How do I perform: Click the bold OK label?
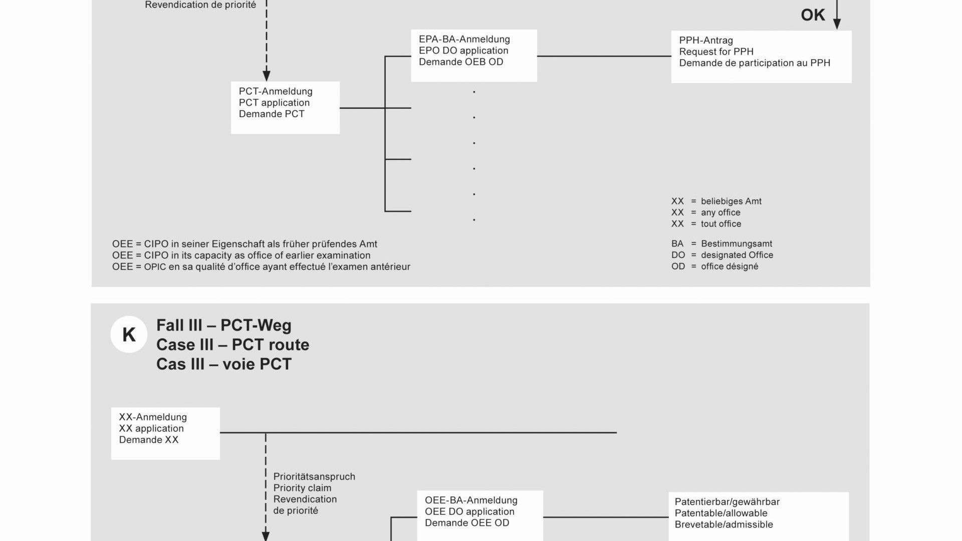point(813,15)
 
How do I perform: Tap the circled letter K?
point(129,335)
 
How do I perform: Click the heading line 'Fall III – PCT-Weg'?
point(223,326)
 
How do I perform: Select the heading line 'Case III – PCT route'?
point(232,345)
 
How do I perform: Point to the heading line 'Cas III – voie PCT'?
point(223,364)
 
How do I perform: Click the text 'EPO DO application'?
point(463,51)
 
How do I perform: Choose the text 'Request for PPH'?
point(716,52)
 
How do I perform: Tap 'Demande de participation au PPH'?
point(755,63)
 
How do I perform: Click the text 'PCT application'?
point(274,103)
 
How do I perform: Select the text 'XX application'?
point(151,428)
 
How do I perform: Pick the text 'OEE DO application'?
point(469,511)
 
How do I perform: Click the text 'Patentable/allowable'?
point(721,513)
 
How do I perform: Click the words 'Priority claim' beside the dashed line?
point(302,488)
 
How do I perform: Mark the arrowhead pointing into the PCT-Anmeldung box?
point(267,76)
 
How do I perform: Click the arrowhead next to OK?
point(837,24)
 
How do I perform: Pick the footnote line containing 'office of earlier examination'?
point(241,255)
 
